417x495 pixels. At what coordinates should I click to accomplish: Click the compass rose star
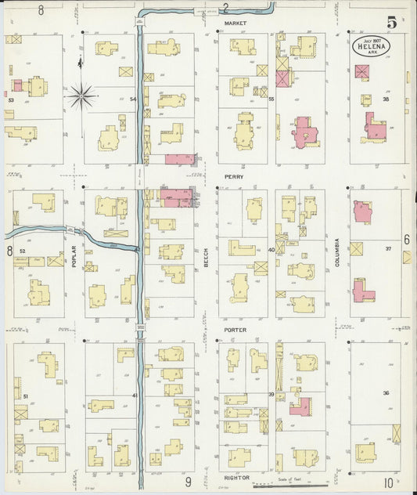(x=81, y=96)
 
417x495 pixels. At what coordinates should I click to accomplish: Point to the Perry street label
(x=234, y=177)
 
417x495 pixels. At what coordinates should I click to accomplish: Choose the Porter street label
(x=235, y=330)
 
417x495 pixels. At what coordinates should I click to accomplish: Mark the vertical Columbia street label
(x=337, y=253)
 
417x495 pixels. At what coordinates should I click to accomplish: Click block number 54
(x=133, y=99)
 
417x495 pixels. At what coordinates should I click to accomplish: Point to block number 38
(x=386, y=99)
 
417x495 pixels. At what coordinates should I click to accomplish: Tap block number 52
(x=22, y=251)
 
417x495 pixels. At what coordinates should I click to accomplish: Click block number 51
(x=25, y=397)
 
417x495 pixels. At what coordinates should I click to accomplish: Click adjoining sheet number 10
(x=388, y=483)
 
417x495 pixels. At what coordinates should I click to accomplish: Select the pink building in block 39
(x=300, y=406)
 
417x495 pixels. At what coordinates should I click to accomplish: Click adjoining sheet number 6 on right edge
(x=407, y=239)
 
